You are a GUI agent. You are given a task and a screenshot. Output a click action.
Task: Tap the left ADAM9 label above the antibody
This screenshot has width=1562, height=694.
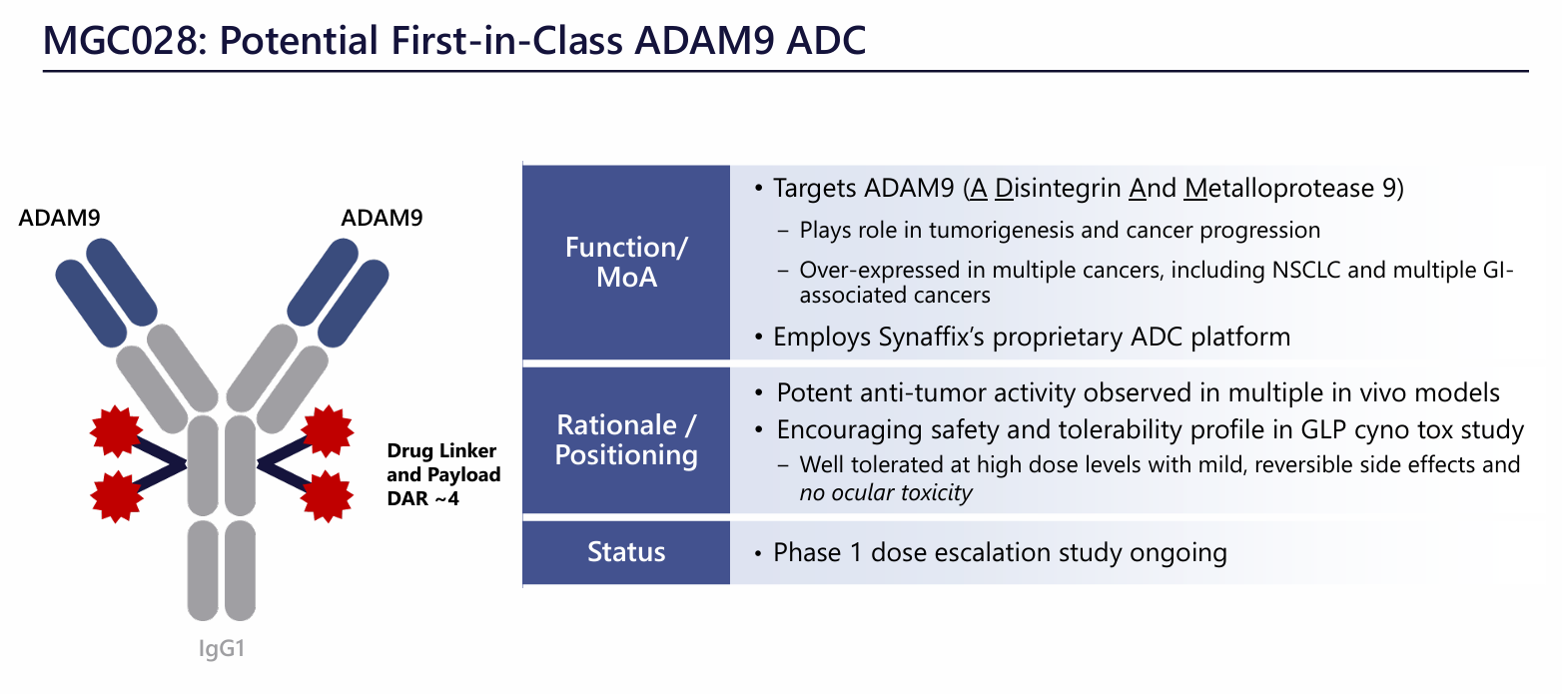click(x=59, y=218)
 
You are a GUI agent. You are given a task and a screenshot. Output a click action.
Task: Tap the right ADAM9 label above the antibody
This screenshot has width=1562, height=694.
click(x=382, y=218)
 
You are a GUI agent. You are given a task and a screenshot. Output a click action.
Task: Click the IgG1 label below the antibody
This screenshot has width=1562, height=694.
click(x=221, y=649)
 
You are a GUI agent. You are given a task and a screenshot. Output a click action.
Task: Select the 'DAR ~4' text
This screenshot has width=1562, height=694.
click(x=423, y=498)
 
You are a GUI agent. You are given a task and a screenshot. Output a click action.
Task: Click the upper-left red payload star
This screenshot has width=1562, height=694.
click(x=112, y=429)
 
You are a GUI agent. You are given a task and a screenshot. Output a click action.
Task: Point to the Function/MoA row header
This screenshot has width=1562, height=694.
click(x=627, y=262)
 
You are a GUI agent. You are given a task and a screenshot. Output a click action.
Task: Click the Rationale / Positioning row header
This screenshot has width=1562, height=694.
click(x=627, y=440)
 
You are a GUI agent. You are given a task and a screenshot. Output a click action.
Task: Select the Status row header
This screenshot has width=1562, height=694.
click(x=627, y=552)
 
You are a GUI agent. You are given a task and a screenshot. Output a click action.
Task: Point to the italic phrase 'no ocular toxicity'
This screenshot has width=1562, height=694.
click(x=886, y=492)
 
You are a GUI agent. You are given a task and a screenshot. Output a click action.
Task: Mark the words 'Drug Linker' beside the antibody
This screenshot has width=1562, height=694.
click(x=441, y=452)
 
